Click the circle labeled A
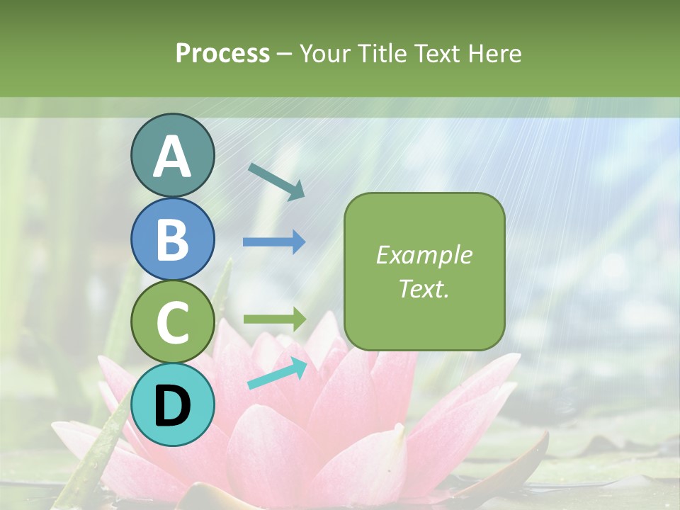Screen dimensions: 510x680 172,155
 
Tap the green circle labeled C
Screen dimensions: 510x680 172,322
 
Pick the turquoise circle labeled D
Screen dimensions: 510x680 172,404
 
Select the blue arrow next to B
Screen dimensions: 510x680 274,242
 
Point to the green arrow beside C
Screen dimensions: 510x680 274,319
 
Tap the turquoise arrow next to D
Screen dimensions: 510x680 277,373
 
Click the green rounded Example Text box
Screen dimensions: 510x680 424,271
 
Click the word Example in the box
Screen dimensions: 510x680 424,255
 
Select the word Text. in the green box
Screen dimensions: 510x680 424,289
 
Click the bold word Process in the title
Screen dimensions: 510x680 222,53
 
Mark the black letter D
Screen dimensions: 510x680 172,406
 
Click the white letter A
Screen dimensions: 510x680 172,157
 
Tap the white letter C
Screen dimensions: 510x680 172,323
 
